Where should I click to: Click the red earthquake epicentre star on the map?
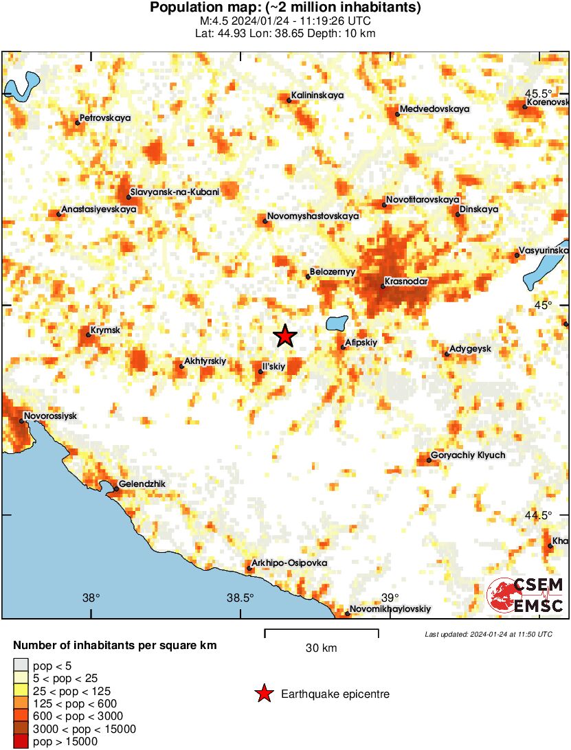(285, 336)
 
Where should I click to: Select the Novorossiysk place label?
(50, 416)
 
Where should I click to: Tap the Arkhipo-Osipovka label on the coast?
(289, 563)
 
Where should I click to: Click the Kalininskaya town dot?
(289, 100)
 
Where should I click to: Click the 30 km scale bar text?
(321, 648)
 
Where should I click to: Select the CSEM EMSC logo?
(526, 595)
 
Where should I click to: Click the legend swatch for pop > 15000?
(21, 742)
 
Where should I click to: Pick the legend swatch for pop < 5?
(21, 665)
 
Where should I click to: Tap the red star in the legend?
(263, 694)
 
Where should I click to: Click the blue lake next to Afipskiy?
(337, 323)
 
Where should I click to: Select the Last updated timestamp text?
(489, 634)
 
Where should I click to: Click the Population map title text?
(285, 8)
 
